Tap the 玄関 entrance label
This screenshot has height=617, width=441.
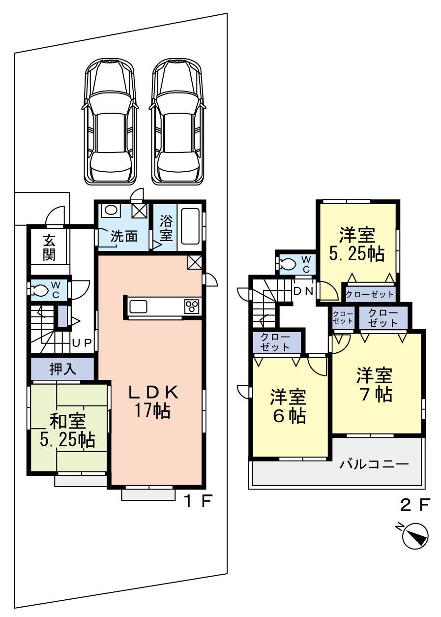point(49,247)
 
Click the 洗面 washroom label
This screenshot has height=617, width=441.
point(123,236)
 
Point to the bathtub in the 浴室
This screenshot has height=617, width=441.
point(190,226)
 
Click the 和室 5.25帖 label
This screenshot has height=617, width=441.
point(67,430)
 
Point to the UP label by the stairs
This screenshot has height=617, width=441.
point(82,343)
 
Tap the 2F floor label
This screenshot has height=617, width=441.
point(415,505)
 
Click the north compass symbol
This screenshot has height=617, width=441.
point(415,536)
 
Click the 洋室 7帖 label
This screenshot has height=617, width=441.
point(375,384)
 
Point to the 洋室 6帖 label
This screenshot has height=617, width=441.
point(289,406)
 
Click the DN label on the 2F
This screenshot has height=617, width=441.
point(303,290)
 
